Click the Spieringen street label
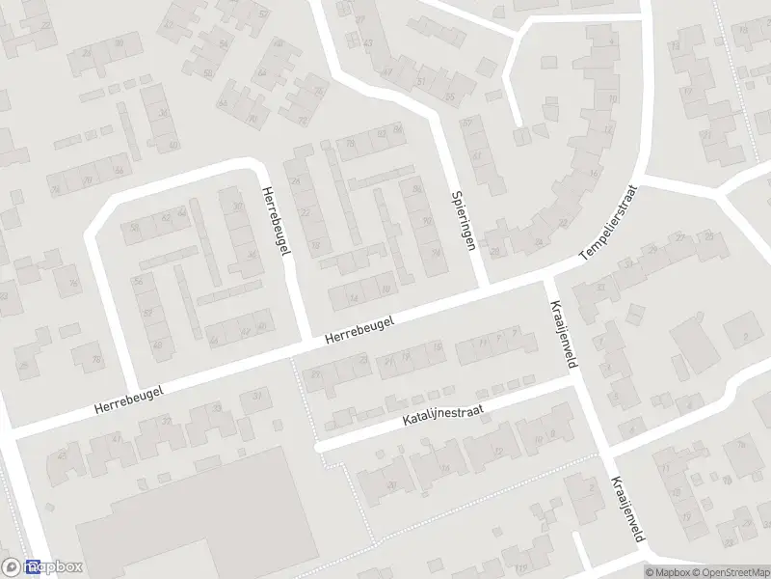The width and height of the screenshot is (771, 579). pos(465,221)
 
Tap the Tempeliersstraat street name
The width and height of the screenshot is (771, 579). pos(609,222)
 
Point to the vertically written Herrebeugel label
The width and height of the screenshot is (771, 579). pos(276,221)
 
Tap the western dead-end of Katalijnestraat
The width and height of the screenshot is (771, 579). pos(319,447)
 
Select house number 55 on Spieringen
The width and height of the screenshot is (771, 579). pos(449,97)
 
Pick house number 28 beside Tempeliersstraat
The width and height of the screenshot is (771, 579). pos(495,252)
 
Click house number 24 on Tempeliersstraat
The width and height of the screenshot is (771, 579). pos(539,240)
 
